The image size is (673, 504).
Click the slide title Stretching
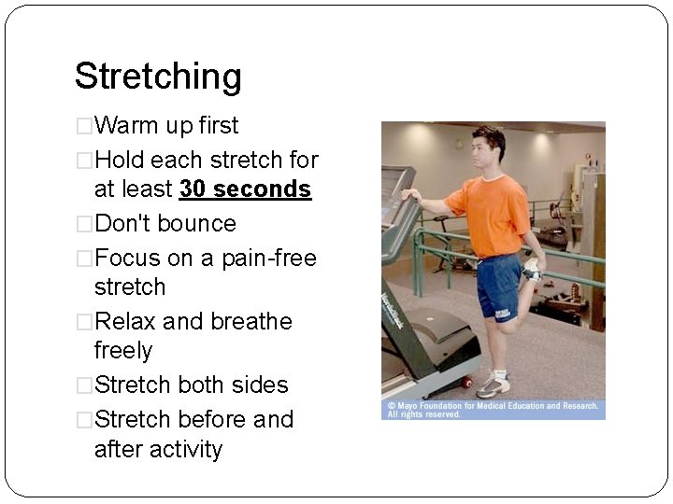[x=158, y=77]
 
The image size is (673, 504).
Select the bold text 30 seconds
[x=245, y=189]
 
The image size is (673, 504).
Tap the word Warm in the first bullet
[x=127, y=125]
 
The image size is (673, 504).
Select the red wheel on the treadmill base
[x=466, y=383]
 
